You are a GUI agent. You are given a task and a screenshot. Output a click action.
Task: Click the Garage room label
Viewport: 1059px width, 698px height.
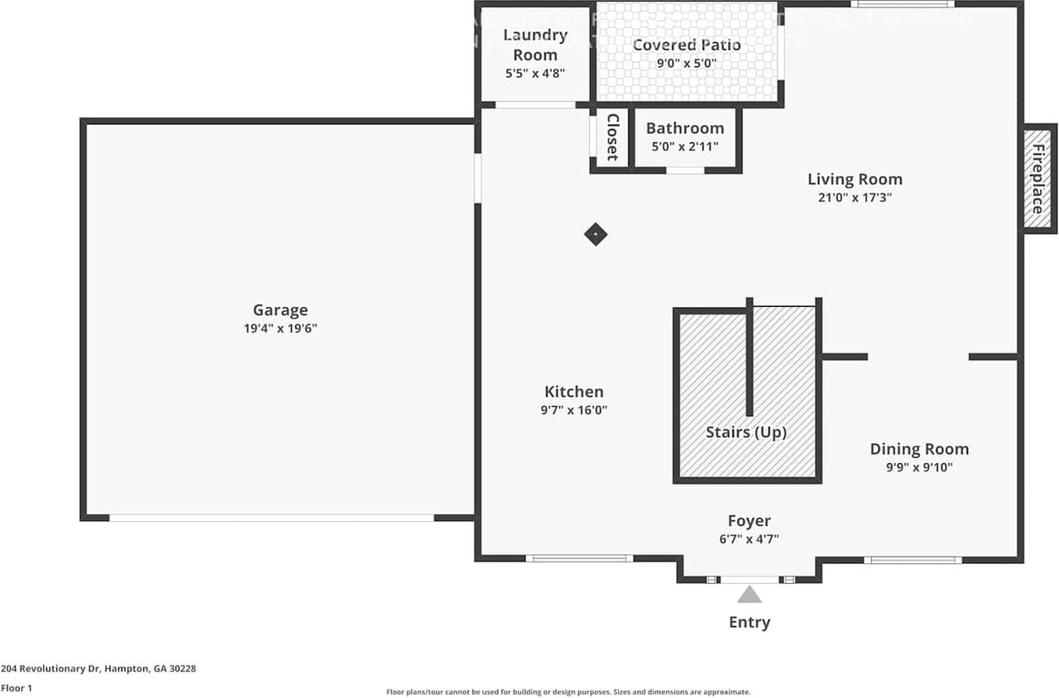point(280,310)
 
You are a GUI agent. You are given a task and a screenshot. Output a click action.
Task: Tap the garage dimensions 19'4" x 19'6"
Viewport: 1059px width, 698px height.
point(280,328)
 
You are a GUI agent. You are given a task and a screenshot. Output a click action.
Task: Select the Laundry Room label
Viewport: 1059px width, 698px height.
point(535,45)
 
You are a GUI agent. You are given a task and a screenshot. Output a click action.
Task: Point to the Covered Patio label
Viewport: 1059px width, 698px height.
point(687,45)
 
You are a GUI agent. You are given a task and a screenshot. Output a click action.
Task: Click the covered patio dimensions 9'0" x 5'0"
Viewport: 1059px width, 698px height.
point(687,63)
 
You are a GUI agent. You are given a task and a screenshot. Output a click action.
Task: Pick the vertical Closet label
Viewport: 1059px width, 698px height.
point(612,137)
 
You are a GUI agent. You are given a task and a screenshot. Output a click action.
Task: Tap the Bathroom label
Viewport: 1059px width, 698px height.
point(685,128)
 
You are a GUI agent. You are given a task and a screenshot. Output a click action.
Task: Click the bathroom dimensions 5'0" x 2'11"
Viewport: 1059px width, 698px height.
point(685,146)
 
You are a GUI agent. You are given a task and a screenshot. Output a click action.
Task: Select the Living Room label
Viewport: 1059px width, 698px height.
point(855,179)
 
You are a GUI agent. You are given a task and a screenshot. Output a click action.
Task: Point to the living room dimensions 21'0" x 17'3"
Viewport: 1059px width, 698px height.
point(855,198)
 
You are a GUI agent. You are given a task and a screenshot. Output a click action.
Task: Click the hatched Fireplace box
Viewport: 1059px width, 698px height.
point(1037,179)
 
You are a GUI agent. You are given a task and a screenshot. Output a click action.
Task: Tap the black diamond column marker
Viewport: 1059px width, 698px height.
point(596,234)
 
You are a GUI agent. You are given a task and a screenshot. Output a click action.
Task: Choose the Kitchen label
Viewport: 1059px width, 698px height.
point(573,392)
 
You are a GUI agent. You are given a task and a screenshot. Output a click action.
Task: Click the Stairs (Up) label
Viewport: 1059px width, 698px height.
point(745,433)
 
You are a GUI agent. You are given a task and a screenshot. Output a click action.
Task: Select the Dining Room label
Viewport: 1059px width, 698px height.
point(918,449)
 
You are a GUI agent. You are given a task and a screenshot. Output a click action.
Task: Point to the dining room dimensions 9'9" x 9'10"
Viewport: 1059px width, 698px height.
point(918,467)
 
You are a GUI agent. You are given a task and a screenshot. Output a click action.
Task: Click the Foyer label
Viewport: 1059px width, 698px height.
point(749,521)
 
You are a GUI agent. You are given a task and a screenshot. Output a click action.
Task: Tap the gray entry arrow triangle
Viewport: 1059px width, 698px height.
point(750,595)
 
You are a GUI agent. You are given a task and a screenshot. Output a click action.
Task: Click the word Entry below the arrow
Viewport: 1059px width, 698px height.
point(749,622)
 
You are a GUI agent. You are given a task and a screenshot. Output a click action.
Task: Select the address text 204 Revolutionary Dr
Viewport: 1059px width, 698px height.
point(50,668)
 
